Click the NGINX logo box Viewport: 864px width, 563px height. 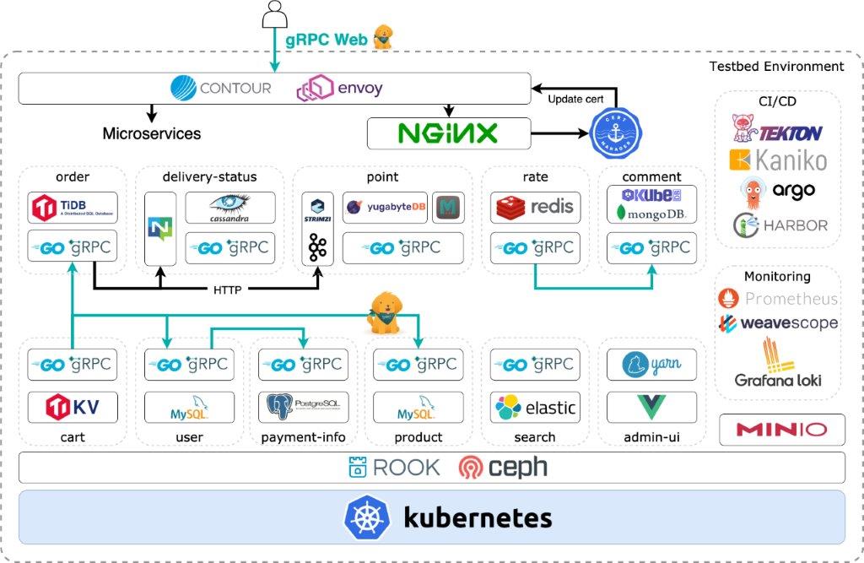[448, 133]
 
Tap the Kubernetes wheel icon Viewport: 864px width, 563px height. [366, 517]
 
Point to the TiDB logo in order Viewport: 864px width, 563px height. [72, 208]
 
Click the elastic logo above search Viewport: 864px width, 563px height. [534, 409]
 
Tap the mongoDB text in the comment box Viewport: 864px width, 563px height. [651, 214]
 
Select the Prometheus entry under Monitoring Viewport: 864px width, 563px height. [777, 298]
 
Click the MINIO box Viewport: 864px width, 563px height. [781, 430]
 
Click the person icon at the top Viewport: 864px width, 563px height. [275, 14]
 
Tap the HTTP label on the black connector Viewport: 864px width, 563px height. [228, 290]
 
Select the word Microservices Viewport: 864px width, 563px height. [152, 133]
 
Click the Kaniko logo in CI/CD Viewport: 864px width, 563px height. [777, 160]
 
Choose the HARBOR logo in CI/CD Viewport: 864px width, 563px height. [779, 225]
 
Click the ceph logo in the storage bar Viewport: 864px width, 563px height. [502, 467]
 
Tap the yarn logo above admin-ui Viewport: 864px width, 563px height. [651, 365]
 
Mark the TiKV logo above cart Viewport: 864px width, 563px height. [72, 408]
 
